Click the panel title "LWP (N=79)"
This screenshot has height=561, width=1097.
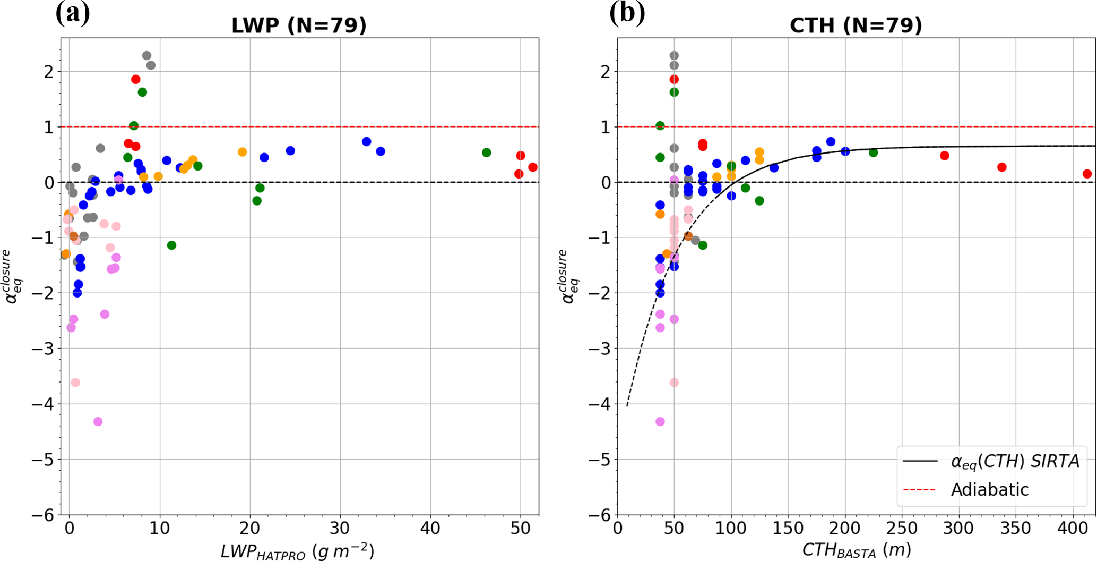pos(299,25)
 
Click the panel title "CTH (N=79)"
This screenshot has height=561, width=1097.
pos(856,25)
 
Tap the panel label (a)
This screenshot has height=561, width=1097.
pos(73,13)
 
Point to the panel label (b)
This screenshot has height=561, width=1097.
pos(627,13)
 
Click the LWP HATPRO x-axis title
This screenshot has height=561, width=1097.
pos(297,551)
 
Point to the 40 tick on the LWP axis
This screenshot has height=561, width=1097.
pos(430,528)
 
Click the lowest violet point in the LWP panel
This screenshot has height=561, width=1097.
pos(98,421)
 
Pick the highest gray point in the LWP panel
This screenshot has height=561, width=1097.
pos(146,56)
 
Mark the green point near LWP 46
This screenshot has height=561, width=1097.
pos(486,152)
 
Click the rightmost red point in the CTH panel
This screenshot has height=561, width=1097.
pos(1087,174)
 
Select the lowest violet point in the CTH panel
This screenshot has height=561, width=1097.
pos(660,421)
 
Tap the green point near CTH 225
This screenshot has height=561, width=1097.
pos(873,152)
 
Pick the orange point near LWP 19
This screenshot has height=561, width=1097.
pos(242,152)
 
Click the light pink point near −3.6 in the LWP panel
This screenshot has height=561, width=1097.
pos(75,382)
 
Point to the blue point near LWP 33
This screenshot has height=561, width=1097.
pos(366,141)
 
